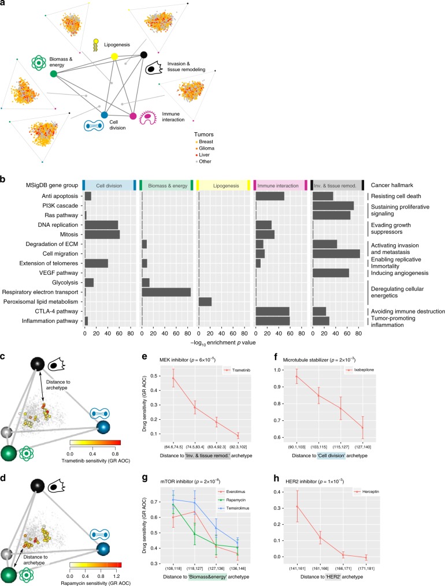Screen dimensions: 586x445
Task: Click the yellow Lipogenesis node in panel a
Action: [114, 56]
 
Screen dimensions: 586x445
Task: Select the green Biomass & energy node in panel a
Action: [54, 74]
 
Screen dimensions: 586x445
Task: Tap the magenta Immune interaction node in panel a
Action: [133, 116]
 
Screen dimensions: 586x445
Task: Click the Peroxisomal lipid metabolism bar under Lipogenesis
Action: [205, 301]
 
